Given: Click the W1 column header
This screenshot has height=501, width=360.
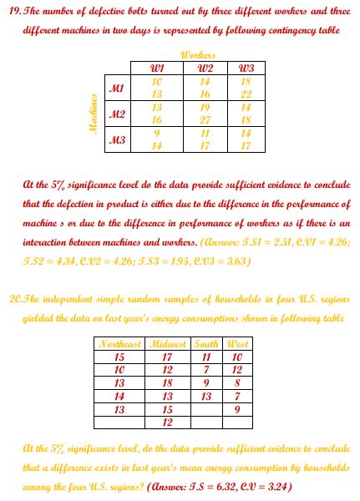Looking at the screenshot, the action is pos(156,67).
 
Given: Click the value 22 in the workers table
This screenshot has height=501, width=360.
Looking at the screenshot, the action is pos(245,94).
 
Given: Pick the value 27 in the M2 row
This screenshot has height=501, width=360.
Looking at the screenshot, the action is pos(201,120).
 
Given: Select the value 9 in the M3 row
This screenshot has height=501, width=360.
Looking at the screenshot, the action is pos(156,133).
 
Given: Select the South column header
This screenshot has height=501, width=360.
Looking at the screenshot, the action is pos(205,344).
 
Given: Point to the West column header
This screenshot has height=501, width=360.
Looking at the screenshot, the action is pos(237,344).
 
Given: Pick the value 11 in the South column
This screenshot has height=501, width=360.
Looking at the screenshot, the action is pos(205,357).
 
